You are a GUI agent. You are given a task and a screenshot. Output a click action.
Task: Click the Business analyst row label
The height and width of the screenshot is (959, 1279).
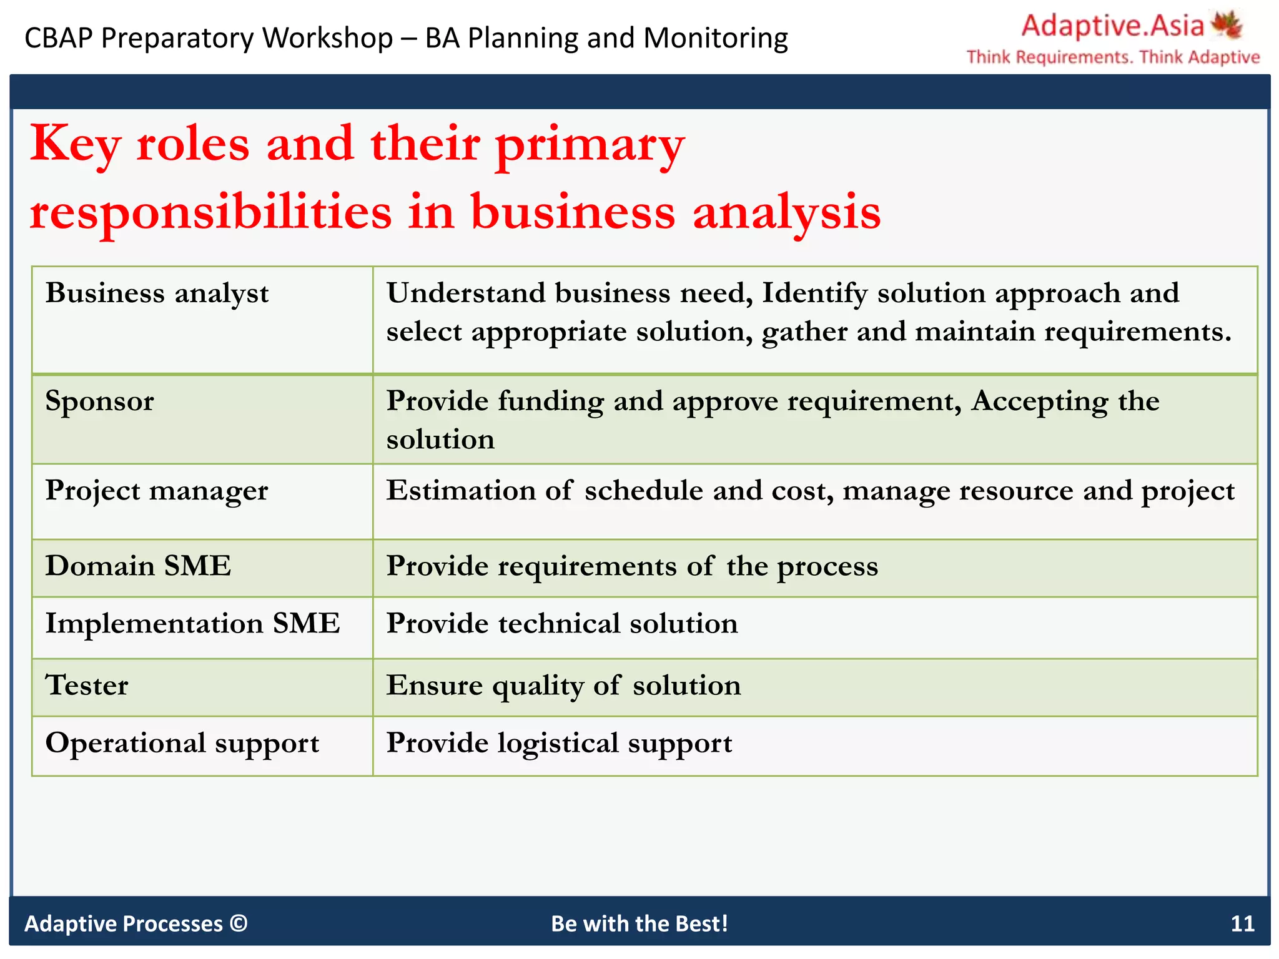[x=157, y=293]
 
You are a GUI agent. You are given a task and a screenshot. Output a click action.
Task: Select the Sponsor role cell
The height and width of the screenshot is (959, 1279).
[x=100, y=401]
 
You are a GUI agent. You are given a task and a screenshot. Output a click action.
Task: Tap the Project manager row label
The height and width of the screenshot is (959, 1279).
[x=157, y=491]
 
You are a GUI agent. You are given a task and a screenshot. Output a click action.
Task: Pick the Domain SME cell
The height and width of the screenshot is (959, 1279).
[x=138, y=566]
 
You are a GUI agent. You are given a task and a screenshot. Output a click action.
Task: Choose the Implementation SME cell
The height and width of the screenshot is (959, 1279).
[x=192, y=624]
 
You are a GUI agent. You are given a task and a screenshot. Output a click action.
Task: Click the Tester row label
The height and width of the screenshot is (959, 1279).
[x=87, y=686]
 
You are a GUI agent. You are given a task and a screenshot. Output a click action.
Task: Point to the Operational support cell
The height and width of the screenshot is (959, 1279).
[x=182, y=744]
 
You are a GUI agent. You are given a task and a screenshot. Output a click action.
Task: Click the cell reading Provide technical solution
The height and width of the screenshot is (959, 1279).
[x=562, y=624]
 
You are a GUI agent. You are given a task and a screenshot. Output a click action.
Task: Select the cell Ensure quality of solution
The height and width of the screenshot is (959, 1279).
[x=563, y=686]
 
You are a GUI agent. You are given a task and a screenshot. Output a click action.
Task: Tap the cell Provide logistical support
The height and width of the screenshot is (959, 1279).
[x=559, y=744]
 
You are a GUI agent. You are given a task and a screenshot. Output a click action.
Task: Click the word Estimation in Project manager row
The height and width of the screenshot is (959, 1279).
[x=461, y=491]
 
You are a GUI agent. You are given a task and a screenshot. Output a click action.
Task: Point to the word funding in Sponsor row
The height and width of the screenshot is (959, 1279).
[x=551, y=401]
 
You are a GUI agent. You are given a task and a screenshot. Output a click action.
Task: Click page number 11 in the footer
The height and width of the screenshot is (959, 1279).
[x=1242, y=923]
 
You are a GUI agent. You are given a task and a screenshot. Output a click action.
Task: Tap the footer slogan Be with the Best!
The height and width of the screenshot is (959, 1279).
[x=639, y=923]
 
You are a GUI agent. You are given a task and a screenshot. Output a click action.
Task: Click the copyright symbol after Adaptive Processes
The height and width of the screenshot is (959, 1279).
[x=239, y=923]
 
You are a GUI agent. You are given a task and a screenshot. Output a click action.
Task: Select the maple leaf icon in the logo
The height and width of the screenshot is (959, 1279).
[x=1227, y=25]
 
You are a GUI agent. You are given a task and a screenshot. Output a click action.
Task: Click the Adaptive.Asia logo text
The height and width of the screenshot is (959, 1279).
[x=1112, y=26]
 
